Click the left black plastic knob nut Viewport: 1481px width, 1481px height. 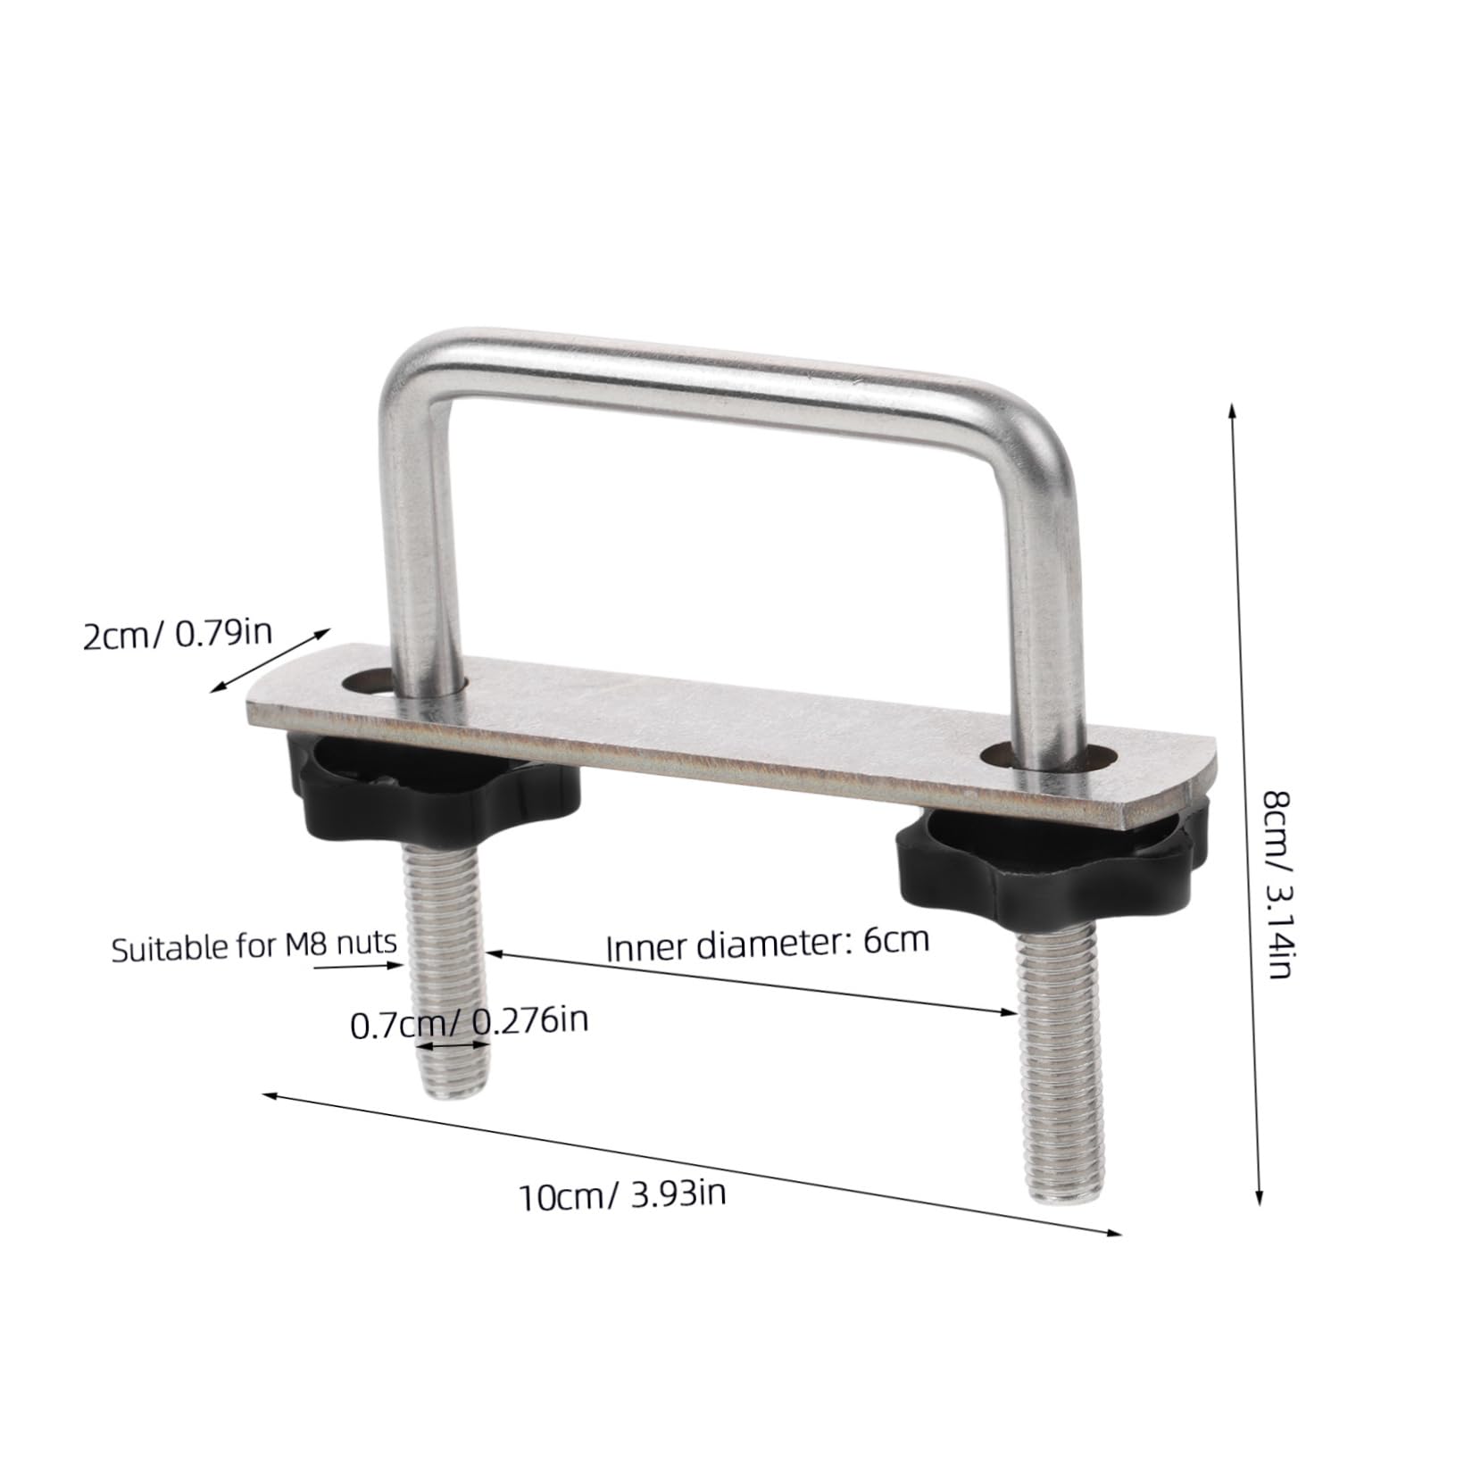click(x=437, y=785)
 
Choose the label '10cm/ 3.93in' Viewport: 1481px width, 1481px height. click(x=622, y=1194)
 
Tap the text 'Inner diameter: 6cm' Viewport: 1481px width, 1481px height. click(x=768, y=943)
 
